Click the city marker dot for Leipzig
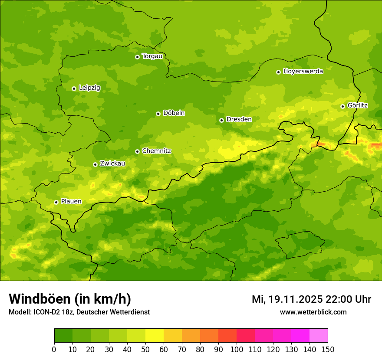[74, 88]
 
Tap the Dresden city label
[239, 119]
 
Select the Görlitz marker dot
[342, 106]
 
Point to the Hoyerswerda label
[303, 71]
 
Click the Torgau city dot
[137, 57]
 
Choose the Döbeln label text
[174, 113]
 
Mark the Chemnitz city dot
[137, 151]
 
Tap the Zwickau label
[112, 164]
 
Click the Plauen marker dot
[56, 202]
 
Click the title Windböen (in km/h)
[69, 299]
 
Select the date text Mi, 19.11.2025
[286, 299]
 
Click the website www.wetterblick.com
[313, 312]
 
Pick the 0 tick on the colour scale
[54, 349]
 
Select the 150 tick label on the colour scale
[327, 349]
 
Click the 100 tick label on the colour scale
[237, 349]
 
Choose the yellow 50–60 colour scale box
[155, 336]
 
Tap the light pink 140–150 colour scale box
[319, 336]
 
